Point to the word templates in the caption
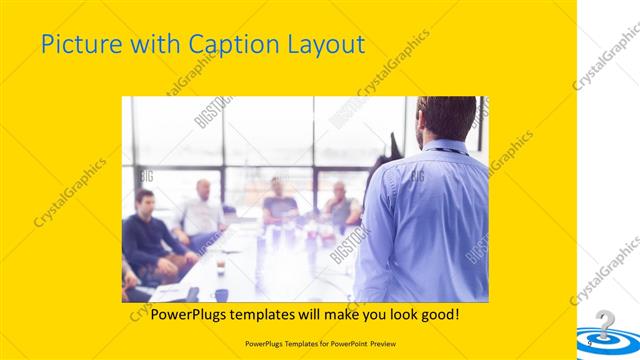click(x=275, y=315)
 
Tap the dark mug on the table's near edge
click(x=221, y=293)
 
